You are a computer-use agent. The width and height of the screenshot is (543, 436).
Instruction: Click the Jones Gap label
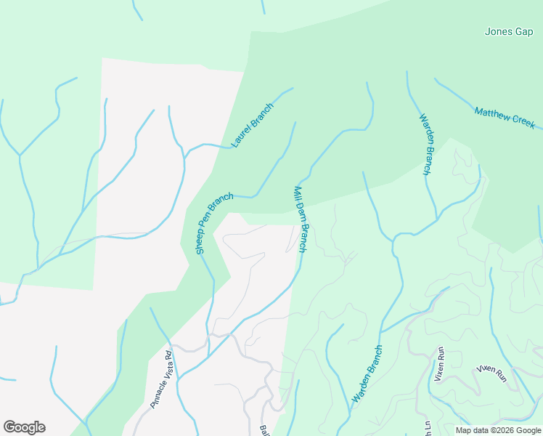508,32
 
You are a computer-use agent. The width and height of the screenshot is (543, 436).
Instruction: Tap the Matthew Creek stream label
504,117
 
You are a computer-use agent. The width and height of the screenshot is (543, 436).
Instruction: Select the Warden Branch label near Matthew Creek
425,144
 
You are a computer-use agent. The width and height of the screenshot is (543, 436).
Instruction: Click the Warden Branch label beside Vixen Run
367,374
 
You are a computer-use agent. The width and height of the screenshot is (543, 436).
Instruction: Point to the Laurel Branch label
252,124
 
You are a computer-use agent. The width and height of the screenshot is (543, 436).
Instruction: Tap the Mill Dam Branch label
301,219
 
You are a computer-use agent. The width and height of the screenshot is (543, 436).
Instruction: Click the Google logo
24,427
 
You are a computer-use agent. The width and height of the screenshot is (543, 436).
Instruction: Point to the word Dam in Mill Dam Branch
300,218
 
